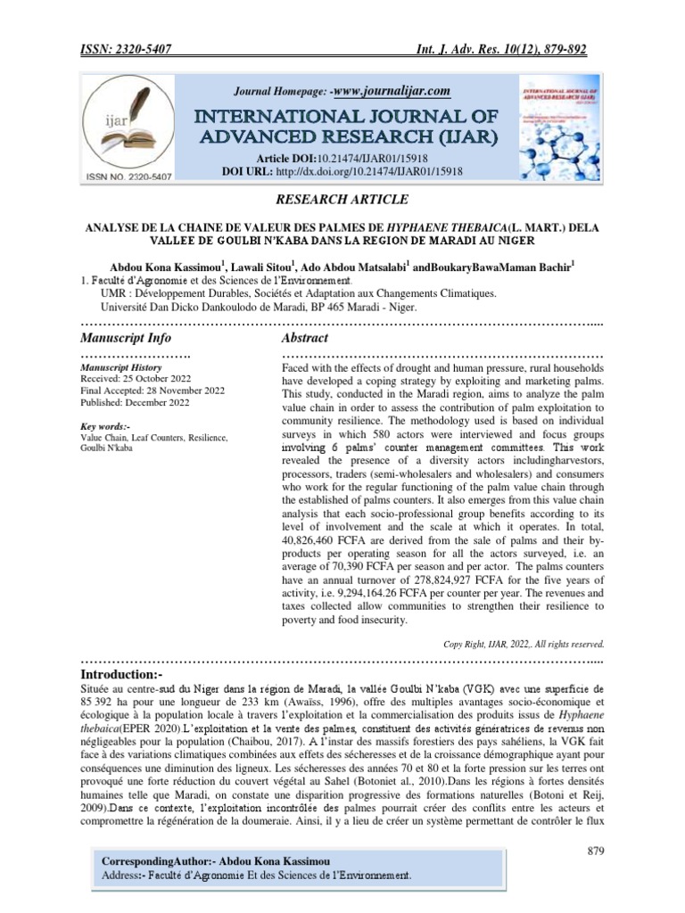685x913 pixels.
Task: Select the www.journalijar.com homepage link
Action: point(390,91)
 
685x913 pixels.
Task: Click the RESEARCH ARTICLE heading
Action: point(342,199)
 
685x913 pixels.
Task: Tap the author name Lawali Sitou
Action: point(265,266)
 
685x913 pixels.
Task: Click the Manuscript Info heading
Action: point(126,339)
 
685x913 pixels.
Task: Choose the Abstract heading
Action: point(305,339)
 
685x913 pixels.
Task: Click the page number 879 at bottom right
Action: point(596,851)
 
